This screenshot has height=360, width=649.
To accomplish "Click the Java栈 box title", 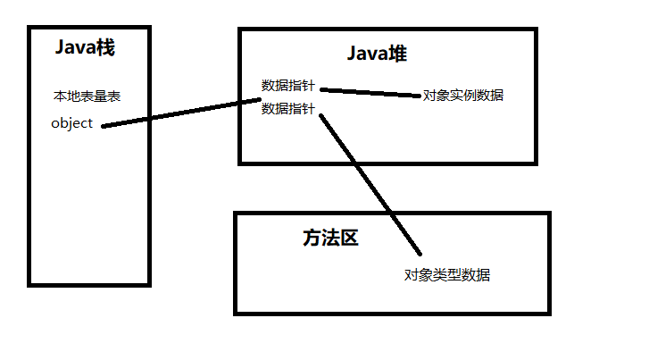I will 85,48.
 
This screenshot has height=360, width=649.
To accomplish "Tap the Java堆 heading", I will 377,54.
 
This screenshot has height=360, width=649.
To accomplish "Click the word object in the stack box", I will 72,123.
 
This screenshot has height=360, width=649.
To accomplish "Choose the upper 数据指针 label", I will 288,86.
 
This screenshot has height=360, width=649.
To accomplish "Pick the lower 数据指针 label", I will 288,109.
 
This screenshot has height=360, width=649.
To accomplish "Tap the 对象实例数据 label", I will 463,95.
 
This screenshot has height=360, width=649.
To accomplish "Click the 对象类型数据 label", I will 447,274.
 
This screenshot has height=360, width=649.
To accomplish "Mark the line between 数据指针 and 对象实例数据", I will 370,92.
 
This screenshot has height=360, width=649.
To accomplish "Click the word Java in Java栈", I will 74,48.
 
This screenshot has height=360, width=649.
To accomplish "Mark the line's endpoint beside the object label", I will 104,125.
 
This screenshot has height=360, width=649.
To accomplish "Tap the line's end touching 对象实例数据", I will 420,95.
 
